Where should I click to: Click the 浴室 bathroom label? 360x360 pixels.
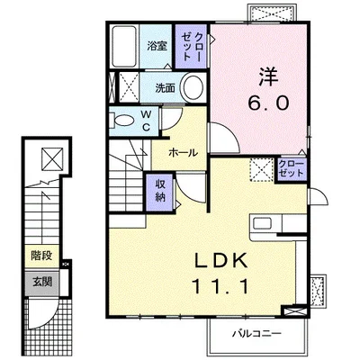coord(157,46)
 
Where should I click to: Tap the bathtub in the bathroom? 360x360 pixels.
coord(124,47)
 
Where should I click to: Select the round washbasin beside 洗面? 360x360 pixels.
coord(193,87)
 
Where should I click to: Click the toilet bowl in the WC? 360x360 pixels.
coord(124,121)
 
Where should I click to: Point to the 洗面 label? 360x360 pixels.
coord(166,87)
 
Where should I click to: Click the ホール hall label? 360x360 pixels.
coord(183,153)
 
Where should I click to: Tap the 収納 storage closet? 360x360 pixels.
coord(161,192)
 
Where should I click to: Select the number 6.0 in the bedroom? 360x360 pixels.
coord(268,103)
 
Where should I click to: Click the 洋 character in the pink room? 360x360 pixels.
coord(268,76)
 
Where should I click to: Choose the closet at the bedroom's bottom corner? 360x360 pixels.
coord(291,169)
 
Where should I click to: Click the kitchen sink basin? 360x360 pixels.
coord(262,223)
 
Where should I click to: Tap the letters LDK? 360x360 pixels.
coord(221,260)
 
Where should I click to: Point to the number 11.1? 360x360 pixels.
coord(220,286)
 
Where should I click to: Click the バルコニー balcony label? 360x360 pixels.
coord(257,333)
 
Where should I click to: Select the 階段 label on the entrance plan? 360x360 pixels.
coord(41,256)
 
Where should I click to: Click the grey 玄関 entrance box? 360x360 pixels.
coord(42,282)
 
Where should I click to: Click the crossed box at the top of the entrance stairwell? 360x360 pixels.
coord(52,158)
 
